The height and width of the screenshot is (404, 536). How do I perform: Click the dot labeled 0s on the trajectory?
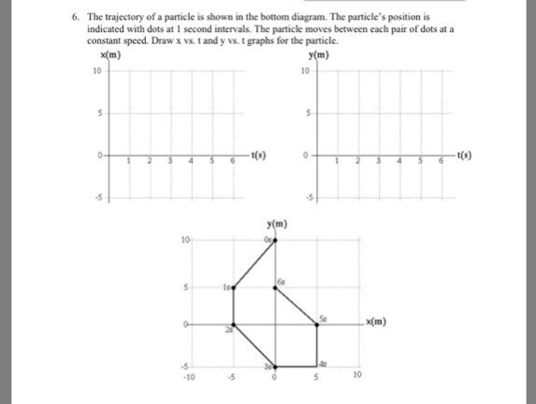(274, 242)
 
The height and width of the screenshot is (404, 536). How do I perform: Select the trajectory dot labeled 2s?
(233, 325)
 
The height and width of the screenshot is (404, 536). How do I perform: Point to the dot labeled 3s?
(274, 366)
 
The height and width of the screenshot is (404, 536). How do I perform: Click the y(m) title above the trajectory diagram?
(274, 223)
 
